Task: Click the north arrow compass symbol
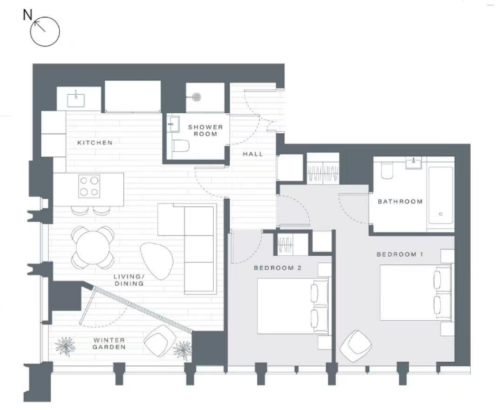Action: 45,31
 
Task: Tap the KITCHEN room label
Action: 95,143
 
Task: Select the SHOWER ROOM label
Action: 205,130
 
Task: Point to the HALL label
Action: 253,154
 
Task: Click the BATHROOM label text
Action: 400,202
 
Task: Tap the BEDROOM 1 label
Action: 400,255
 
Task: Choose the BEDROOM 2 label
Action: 278,268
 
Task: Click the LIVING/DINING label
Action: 129,280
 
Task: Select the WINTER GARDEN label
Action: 109,344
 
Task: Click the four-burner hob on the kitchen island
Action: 89,186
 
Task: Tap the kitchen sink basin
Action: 76,100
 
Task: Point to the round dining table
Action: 93,247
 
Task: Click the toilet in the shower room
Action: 181,146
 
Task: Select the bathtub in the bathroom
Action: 440,195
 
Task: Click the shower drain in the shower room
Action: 197,97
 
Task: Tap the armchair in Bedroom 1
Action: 356,347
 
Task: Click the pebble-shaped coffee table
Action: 157,261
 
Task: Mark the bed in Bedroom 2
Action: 293,306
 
